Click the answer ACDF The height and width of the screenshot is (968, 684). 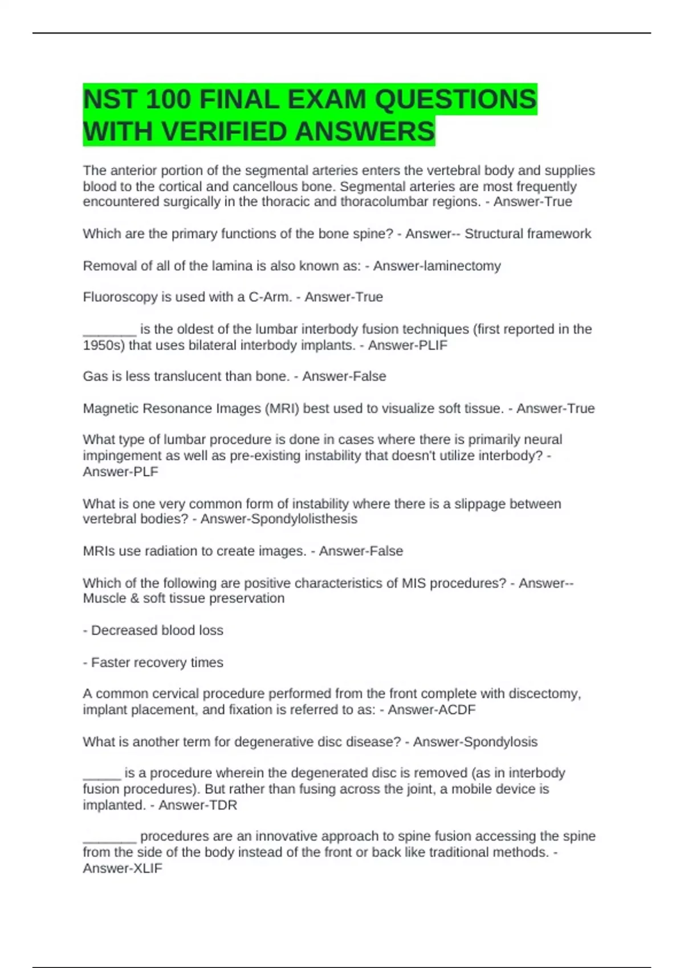(x=453, y=709)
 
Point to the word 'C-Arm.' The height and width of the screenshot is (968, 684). (x=270, y=297)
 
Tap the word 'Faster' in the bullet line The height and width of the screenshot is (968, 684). (x=111, y=662)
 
